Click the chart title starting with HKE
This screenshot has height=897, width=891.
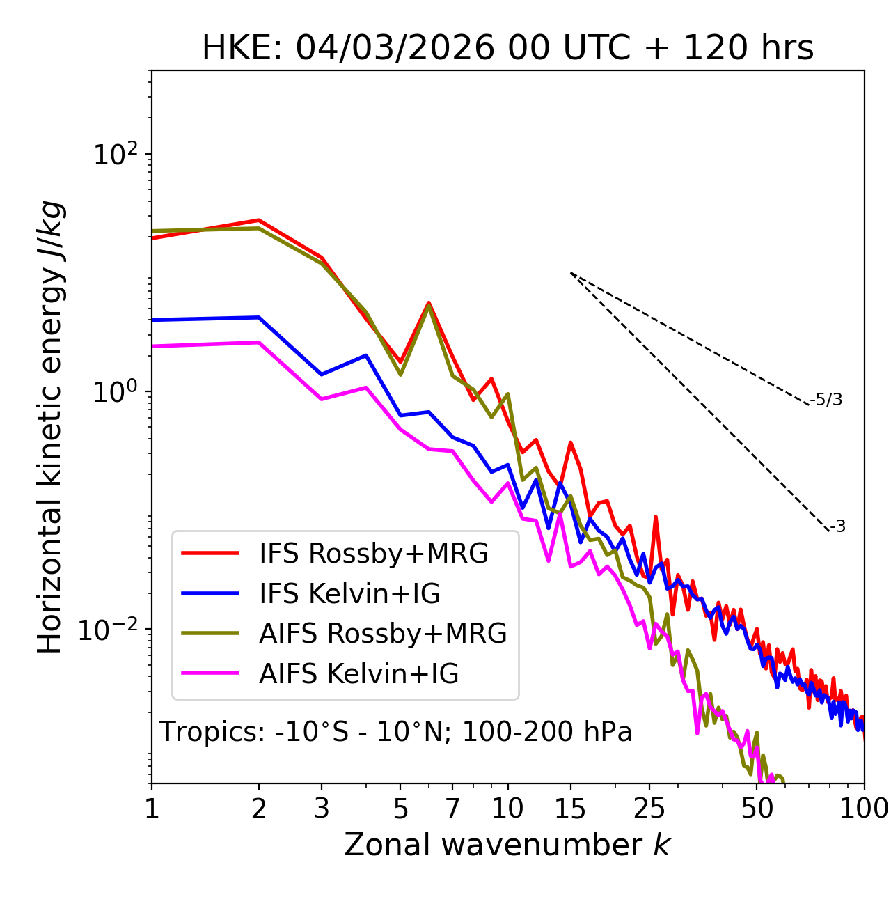[x=507, y=49]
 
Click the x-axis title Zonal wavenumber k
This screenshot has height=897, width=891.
[x=507, y=844]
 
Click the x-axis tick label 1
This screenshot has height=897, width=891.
[x=152, y=809]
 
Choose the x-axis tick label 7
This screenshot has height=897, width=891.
[x=452, y=809]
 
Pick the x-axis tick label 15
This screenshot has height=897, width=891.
[x=570, y=809]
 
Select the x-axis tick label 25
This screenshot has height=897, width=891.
[x=649, y=809]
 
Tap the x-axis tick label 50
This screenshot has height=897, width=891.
[x=757, y=809]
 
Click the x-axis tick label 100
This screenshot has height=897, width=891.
[x=864, y=809]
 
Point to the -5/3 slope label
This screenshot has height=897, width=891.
[x=826, y=400]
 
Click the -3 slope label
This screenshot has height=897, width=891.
[x=837, y=527]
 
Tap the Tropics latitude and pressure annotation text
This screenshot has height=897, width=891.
[x=395, y=732]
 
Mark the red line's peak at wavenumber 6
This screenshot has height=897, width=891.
[x=429, y=302]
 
